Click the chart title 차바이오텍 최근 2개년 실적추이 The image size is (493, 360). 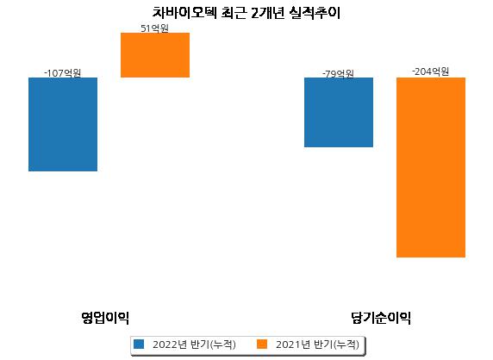click(x=246, y=13)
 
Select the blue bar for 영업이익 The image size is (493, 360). click(x=63, y=124)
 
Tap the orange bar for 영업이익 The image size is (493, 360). click(x=155, y=55)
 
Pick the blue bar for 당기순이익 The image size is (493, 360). click(x=339, y=112)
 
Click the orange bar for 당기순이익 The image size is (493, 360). click(x=431, y=167)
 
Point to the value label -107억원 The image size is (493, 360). click(x=63, y=73)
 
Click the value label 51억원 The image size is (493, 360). click(x=154, y=28)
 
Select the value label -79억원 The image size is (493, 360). click(x=339, y=74)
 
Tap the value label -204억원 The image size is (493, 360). click(x=430, y=71)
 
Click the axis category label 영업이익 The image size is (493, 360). click(x=105, y=318)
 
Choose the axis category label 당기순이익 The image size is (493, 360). click(x=381, y=318)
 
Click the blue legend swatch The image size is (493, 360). click(x=139, y=344)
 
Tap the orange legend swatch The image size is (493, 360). click(x=262, y=344)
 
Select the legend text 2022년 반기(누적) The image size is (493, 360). click(x=194, y=344)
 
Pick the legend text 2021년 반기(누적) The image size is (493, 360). click(x=317, y=344)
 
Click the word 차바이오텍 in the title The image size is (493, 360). click(x=184, y=13)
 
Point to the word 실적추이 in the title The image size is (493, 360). click(x=315, y=13)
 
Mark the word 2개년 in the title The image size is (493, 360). click(x=268, y=13)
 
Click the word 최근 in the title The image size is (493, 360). click(x=234, y=13)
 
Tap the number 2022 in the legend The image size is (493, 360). click(x=165, y=344)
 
